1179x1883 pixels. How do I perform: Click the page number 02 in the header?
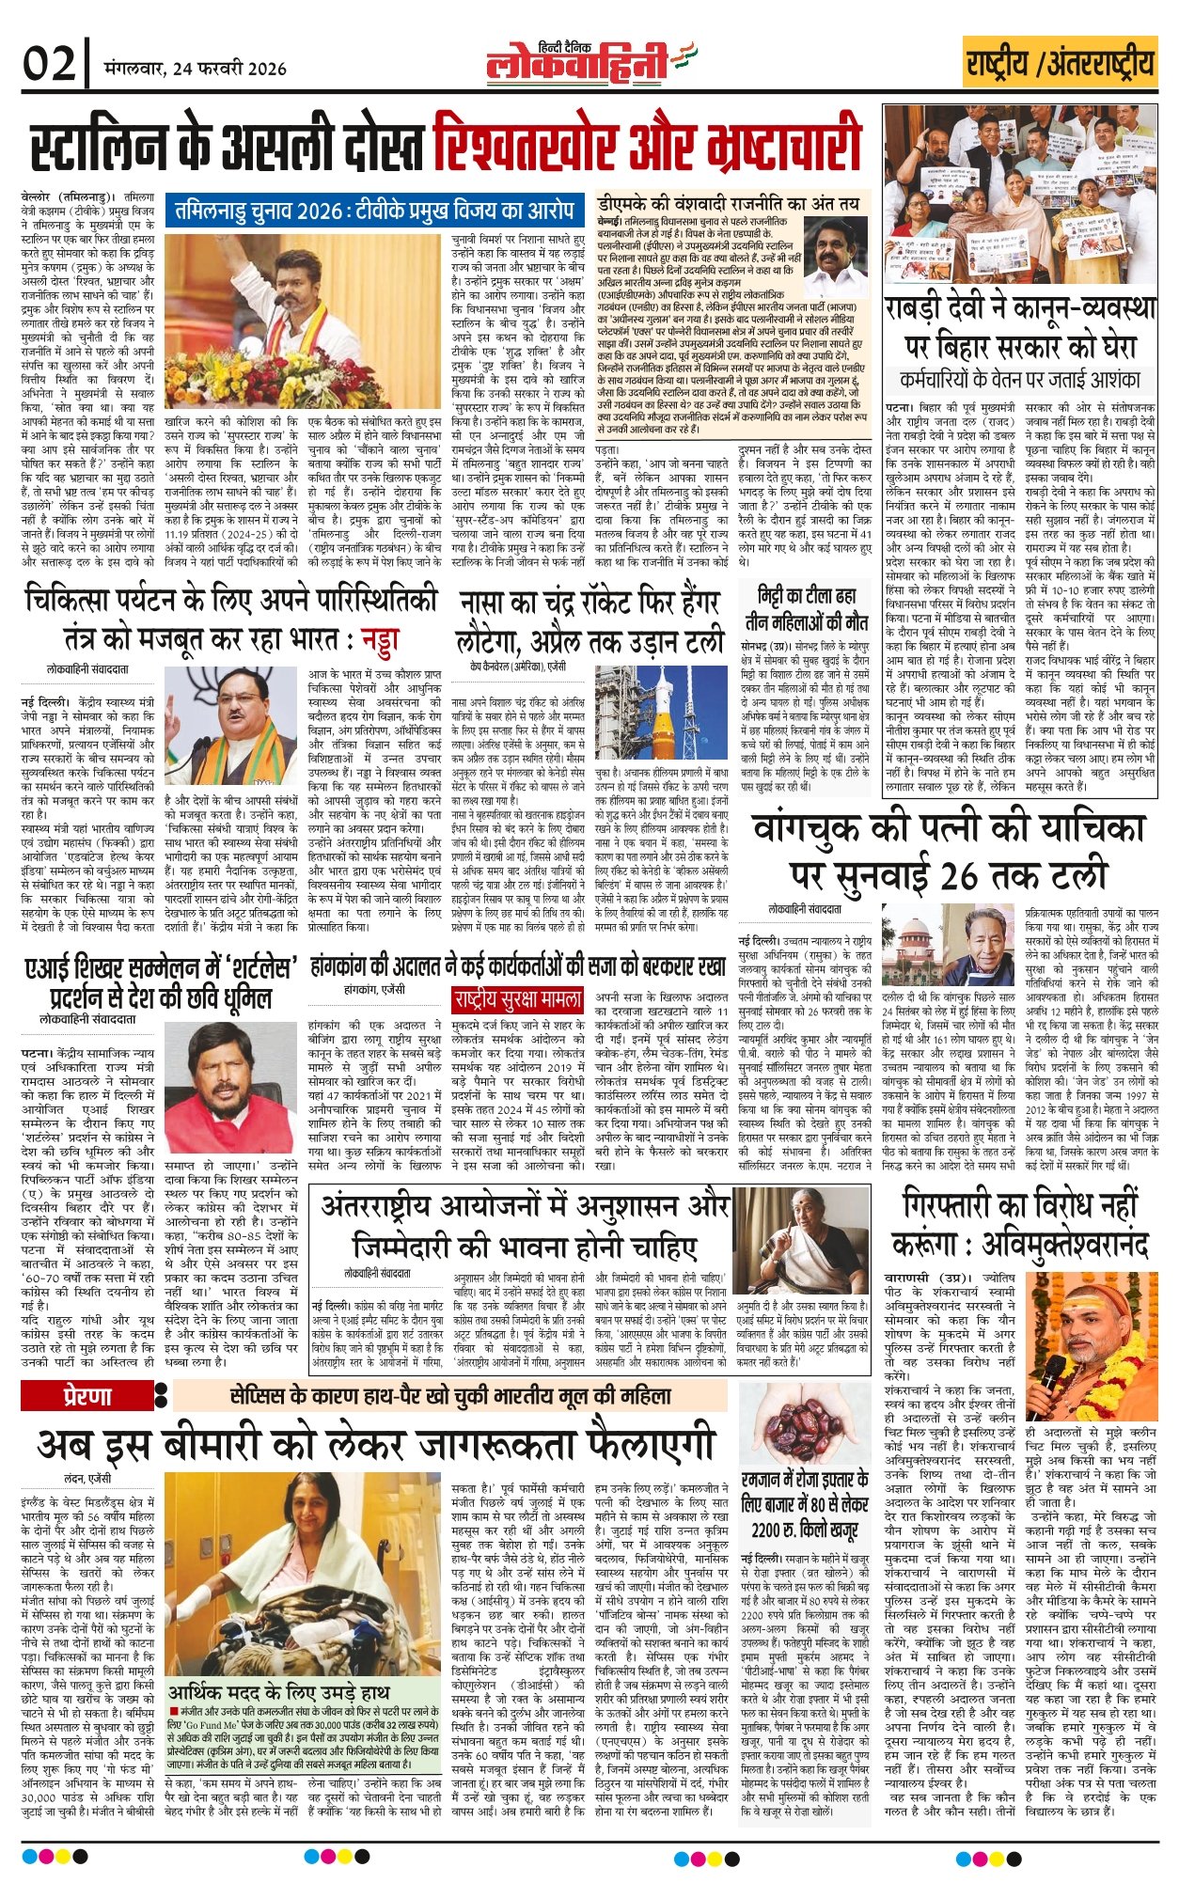point(49,64)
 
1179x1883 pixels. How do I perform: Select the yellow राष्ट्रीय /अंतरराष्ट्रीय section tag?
point(1060,63)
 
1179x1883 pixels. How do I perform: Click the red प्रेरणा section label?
point(86,1397)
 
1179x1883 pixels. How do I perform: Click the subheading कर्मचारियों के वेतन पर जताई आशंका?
point(1019,381)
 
